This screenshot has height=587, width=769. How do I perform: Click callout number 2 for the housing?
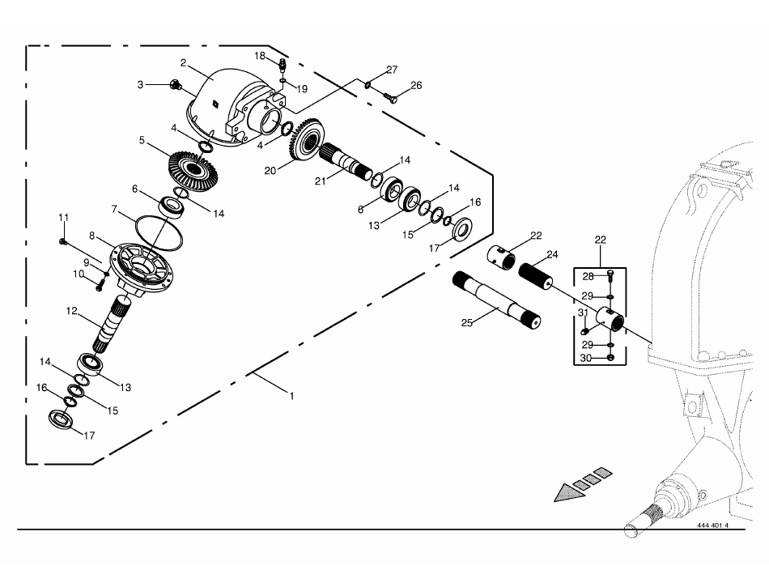pos(184,63)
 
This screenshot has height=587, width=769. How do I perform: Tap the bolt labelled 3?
pos(175,85)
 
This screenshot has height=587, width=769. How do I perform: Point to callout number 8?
pos(91,236)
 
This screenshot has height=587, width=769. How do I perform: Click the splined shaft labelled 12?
pos(112,323)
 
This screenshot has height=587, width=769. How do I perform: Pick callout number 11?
pos(64,217)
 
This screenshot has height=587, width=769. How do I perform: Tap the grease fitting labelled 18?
pos(283,64)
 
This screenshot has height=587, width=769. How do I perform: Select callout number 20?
pos(270,171)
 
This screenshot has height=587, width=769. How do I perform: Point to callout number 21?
pos(321,181)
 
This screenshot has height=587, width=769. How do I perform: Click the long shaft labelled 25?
pos(496,300)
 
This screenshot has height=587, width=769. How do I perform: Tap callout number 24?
pos(552,254)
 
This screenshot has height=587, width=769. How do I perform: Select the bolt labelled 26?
pos(390,98)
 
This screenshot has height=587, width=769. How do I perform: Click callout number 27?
pos(392,70)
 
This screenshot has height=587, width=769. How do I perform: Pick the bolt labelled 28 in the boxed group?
pos(610,275)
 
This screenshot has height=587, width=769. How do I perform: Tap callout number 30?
pos(585,359)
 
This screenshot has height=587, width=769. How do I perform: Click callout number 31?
pos(583,313)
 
